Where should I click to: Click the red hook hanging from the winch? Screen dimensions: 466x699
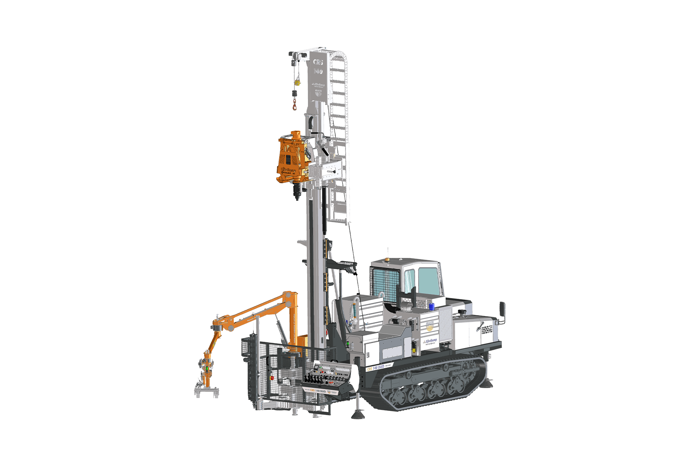click(293, 106)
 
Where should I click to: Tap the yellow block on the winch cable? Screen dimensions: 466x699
click(297, 82)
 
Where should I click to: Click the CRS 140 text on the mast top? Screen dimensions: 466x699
click(318, 67)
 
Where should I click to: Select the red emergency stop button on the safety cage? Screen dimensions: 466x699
click(272, 378)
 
